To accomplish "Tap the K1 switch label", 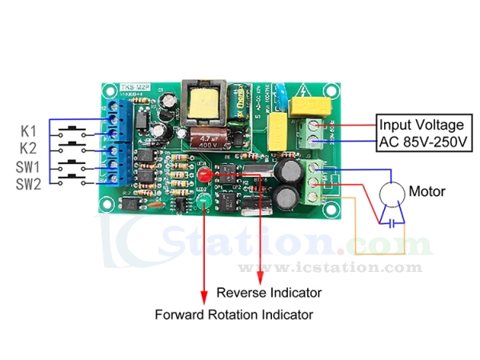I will pyautogui.click(x=28, y=130).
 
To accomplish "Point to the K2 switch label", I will pyautogui.click(x=28, y=147).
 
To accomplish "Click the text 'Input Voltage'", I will pyautogui.click(x=422, y=125).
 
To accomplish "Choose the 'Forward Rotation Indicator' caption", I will pyautogui.click(x=234, y=314).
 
